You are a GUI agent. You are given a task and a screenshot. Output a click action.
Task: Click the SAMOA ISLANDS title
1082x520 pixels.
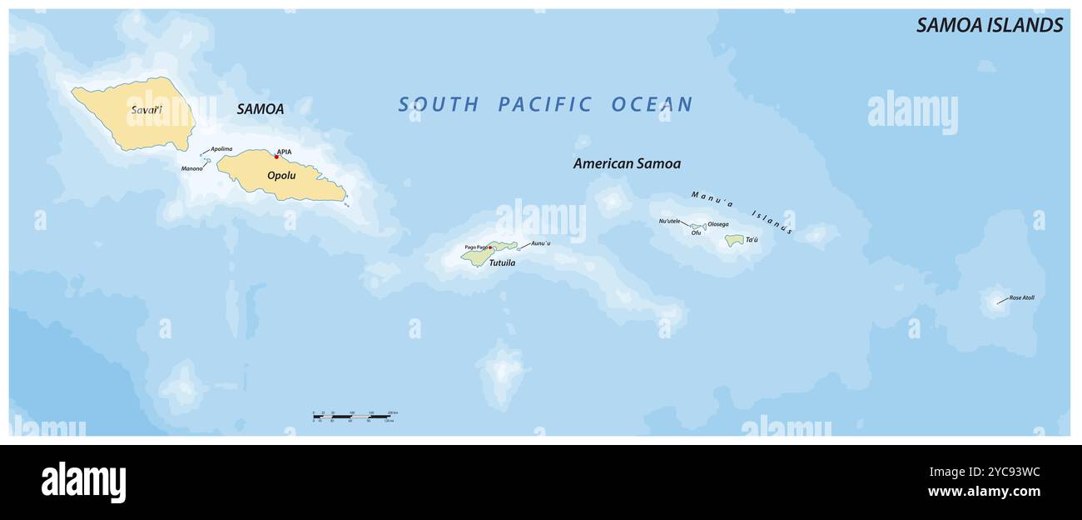click(x=989, y=25)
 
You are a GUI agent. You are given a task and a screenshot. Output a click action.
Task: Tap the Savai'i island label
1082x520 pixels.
click(x=146, y=110)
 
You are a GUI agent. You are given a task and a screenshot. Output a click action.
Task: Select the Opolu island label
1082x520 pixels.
click(x=281, y=175)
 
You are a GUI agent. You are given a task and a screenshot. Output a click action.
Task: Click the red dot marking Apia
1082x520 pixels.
click(x=277, y=157)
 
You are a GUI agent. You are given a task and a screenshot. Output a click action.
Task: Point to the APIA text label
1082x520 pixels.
click(x=285, y=151)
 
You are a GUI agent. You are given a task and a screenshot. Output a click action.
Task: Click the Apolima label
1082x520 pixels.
click(x=221, y=149)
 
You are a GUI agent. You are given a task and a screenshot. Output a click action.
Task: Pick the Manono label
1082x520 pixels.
click(x=191, y=168)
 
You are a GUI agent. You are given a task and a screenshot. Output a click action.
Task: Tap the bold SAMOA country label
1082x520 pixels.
click(x=260, y=109)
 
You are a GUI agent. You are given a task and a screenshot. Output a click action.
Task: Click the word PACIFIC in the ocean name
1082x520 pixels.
click(x=545, y=104)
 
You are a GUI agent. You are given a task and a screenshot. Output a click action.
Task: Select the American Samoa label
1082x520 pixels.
click(x=627, y=163)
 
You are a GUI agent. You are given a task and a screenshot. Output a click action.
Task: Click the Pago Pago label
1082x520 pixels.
click(x=475, y=247)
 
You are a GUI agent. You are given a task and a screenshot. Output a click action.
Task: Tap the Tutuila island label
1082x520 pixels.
click(x=502, y=262)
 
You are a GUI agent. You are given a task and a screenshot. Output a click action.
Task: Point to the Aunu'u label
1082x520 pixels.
click(x=541, y=243)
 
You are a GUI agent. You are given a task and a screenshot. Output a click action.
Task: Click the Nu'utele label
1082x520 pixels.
click(x=669, y=221)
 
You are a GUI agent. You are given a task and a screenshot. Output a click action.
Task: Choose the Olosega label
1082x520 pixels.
click(x=718, y=224)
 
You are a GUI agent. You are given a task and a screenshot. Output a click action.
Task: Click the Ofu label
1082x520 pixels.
click(x=696, y=232)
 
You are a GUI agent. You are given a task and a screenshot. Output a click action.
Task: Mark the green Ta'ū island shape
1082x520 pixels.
click(x=733, y=240)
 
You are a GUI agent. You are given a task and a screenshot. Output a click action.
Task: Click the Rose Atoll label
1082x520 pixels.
click(x=1021, y=297)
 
